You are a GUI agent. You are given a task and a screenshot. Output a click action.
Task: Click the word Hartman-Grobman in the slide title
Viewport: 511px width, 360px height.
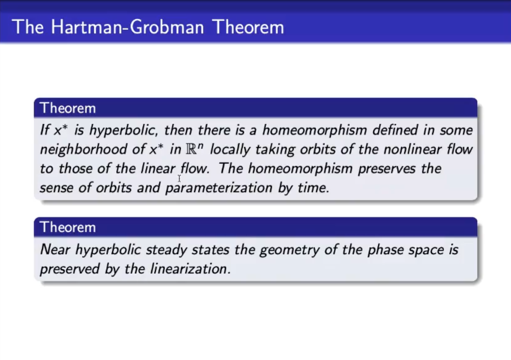coord(127,27)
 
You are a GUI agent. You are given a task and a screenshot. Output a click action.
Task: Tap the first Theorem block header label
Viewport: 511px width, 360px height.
coord(68,108)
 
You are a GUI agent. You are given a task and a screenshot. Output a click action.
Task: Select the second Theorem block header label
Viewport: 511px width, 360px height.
coord(68,227)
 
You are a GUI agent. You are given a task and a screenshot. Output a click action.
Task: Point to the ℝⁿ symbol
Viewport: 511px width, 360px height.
coord(194,149)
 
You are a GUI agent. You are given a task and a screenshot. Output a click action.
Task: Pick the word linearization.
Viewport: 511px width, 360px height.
coord(191,269)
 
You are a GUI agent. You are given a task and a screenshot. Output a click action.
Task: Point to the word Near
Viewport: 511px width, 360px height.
coord(55,249)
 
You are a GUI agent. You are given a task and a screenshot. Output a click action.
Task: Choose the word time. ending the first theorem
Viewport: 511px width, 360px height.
coord(314,188)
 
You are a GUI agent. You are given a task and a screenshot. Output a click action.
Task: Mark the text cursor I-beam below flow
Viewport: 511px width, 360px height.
coord(179,178)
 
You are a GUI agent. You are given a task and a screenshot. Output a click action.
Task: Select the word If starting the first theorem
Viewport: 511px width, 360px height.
coord(45,130)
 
